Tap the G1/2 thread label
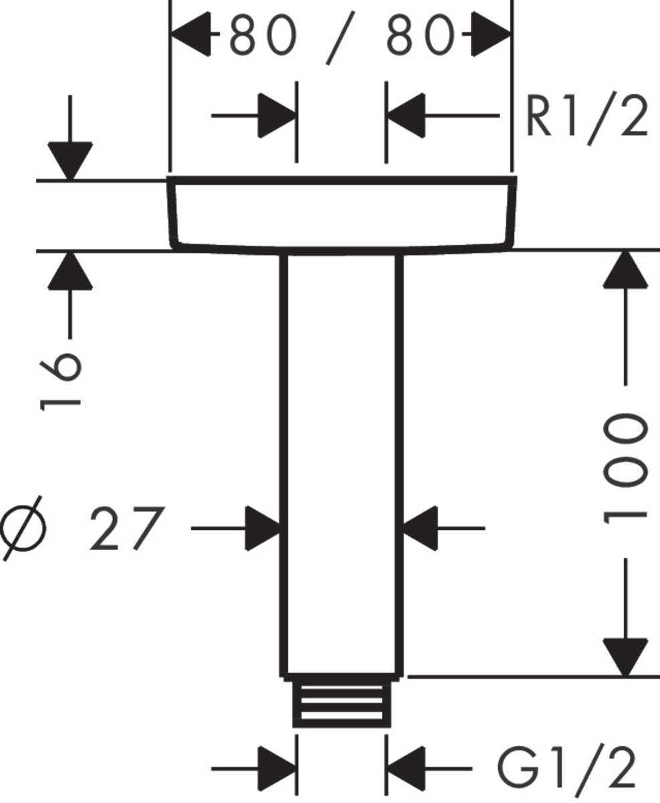pyautogui.click(x=566, y=768)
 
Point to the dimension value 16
pyautogui.click(x=60, y=379)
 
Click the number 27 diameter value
pyautogui.click(x=126, y=529)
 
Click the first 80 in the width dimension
pyautogui.click(x=262, y=37)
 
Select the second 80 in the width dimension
pyautogui.click(x=421, y=37)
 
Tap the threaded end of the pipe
pyautogui.click(x=341, y=703)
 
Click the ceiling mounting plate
pyautogui.click(x=341, y=214)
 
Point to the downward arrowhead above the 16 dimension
pyautogui.click(x=70, y=161)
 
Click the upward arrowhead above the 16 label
pyautogui.click(x=70, y=272)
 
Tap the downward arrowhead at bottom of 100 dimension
pyautogui.click(x=626, y=656)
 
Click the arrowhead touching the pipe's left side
pyautogui.click(x=262, y=529)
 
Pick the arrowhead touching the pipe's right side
pyautogui.click(x=421, y=529)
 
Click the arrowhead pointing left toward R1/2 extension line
pyautogui.click(x=406, y=116)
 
